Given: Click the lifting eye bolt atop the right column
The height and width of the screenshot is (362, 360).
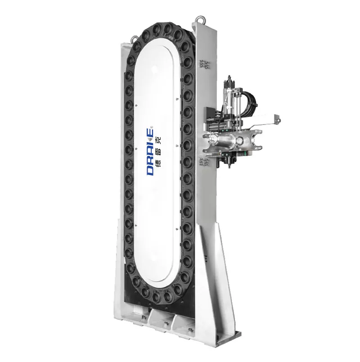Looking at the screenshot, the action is click(200, 19).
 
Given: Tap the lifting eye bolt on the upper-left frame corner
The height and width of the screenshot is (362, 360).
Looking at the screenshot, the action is click(134, 38).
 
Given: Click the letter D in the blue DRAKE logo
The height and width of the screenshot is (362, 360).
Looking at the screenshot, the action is click(150, 171).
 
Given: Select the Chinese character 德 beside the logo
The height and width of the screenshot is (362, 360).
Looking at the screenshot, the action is click(159, 163).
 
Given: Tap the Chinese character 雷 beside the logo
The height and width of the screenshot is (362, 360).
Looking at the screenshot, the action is click(159, 152).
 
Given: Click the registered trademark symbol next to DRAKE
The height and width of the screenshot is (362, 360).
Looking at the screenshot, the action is click(152, 127).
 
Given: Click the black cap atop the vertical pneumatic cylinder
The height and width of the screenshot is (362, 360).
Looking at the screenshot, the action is click(229, 78).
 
